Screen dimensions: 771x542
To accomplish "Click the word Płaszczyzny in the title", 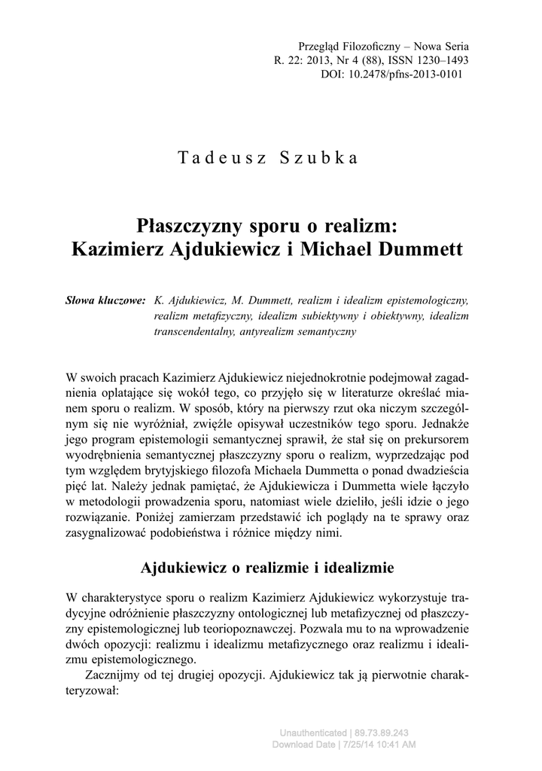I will [186, 225].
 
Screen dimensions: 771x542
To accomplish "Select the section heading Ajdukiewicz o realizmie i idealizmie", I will [271, 566].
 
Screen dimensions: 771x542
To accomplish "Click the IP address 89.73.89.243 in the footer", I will [380, 733].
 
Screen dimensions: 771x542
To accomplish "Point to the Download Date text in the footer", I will [301, 744].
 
